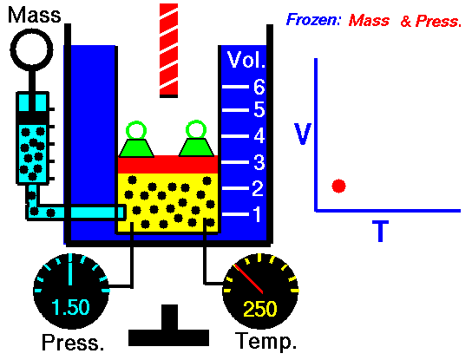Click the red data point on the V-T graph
(x=338, y=186)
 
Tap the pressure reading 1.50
(x=70, y=307)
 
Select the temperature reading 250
(x=259, y=309)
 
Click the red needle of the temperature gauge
(x=248, y=278)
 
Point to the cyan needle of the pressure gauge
(x=70, y=270)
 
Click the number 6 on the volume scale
(x=259, y=87)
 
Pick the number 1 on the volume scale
(x=257, y=214)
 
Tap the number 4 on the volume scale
(x=259, y=135)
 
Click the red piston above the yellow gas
(x=167, y=164)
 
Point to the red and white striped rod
(x=168, y=50)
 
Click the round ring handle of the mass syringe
(x=31, y=50)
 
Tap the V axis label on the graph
(x=303, y=134)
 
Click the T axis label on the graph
(x=381, y=231)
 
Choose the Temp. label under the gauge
(x=266, y=341)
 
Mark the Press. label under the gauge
(x=73, y=343)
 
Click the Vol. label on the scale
(x=246, y=60)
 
